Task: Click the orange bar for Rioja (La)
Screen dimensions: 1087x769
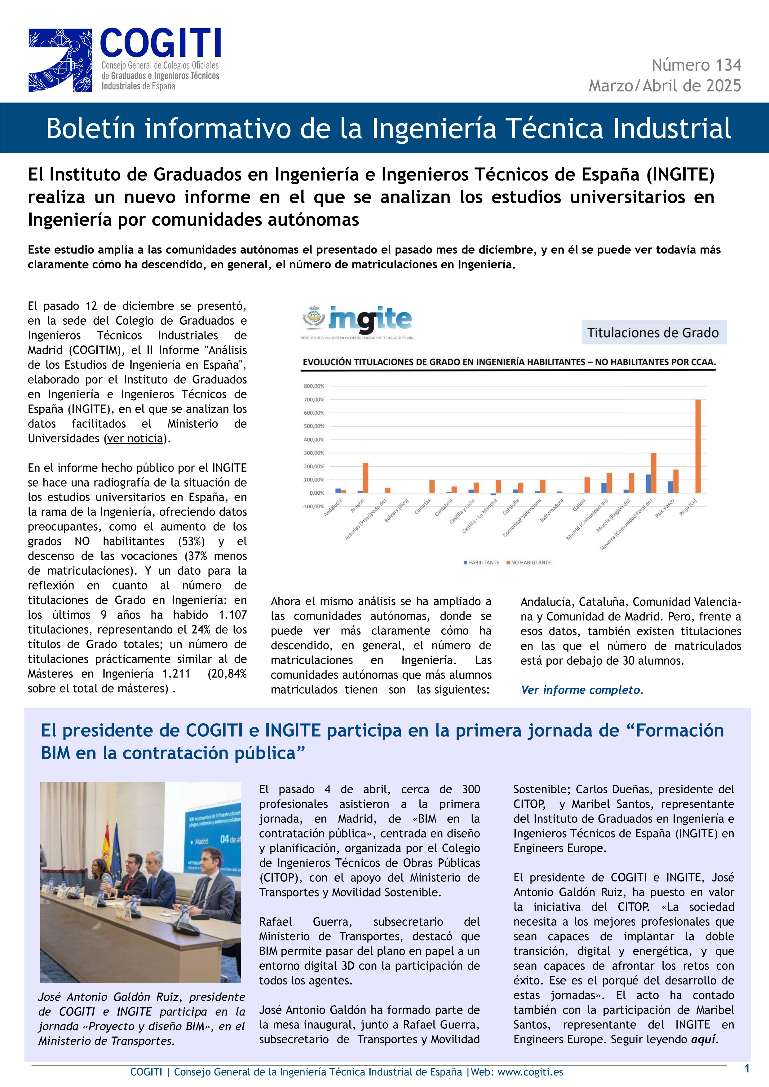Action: tap(698, 446)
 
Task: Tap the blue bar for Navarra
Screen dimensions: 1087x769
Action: tap(648, 483)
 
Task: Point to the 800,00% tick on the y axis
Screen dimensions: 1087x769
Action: tap(314, 386)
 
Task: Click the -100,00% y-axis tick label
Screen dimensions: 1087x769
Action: tap(313, 506)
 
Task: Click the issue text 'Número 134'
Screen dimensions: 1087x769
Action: tap(696, 65)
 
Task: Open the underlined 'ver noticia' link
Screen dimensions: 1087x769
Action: tap(135, 438)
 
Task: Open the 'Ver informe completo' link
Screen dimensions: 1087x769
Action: tap(581, 690)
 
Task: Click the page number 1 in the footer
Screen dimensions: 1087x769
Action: tap(747, 1068)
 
